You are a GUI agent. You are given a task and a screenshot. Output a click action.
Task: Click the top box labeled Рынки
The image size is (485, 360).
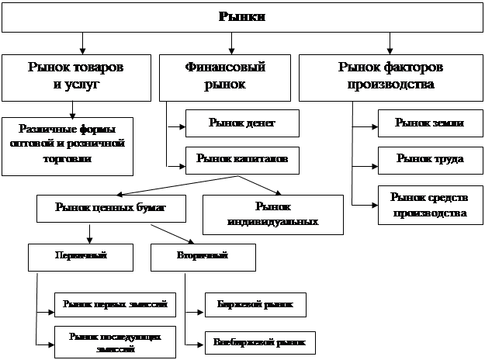tap(242, 16)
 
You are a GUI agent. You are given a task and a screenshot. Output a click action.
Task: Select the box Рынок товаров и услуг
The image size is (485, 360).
tap(75, 77)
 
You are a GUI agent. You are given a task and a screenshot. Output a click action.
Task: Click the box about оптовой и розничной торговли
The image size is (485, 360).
tap(68, 145)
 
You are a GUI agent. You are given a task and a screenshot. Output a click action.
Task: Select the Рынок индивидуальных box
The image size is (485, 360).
tap(272, 214)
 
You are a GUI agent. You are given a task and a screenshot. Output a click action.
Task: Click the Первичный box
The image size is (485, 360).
tap(80, 255)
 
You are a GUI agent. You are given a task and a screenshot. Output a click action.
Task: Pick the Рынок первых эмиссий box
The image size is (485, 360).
tap(114, 304)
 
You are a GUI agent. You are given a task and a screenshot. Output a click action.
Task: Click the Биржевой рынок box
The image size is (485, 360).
tap(255, 304)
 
